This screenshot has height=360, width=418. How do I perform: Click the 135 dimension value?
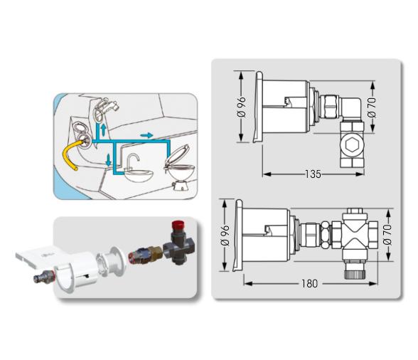click(x=313, y=174)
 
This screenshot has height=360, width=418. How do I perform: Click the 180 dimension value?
click(x=309, y=283)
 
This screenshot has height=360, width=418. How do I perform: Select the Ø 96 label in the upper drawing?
click(x=242, y=107)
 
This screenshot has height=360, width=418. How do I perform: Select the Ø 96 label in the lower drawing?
click(x=225, y=235)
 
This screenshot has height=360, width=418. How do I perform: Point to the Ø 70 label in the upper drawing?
click(x=372, y=108)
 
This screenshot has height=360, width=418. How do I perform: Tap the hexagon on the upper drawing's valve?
click(x=352, y=145)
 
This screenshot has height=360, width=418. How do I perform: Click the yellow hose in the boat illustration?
click(x=70, y=155)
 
